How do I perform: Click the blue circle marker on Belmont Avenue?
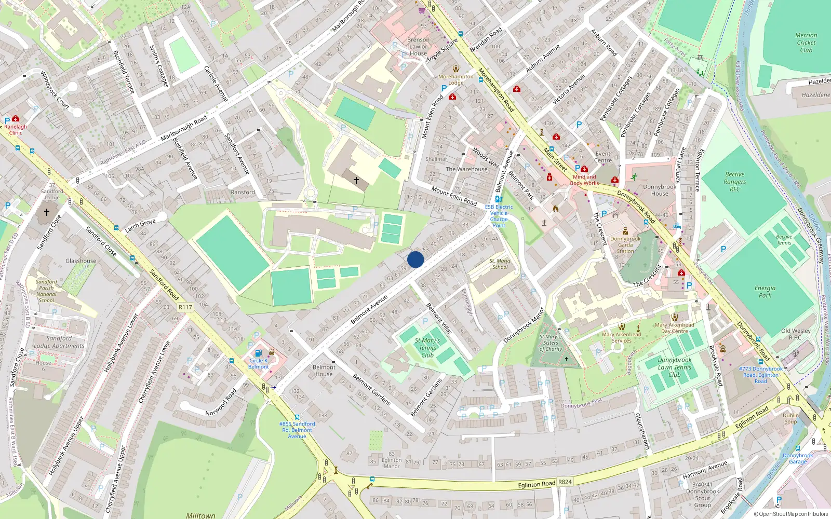[415, 259]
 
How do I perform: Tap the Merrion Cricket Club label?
[806, 43]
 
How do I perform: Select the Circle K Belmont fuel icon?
[258, 353]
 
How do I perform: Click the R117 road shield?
[185, 307]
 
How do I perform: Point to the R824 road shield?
[565, 482]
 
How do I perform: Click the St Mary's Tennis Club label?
[427, 348]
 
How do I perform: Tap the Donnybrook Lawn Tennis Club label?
[675, 367]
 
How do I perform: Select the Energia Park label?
[765, 292]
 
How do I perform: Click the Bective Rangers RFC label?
[734, 182]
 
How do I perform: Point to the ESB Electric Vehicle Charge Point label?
[499, 216]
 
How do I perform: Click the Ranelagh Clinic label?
[16, 129]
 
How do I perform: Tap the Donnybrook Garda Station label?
[625, 245]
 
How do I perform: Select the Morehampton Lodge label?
[456, 79]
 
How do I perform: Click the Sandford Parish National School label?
[46, 291]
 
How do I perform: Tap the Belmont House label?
[324, 371]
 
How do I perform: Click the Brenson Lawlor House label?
[418, 46]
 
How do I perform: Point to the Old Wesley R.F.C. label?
[796, 334]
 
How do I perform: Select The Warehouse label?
[466, 169]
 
